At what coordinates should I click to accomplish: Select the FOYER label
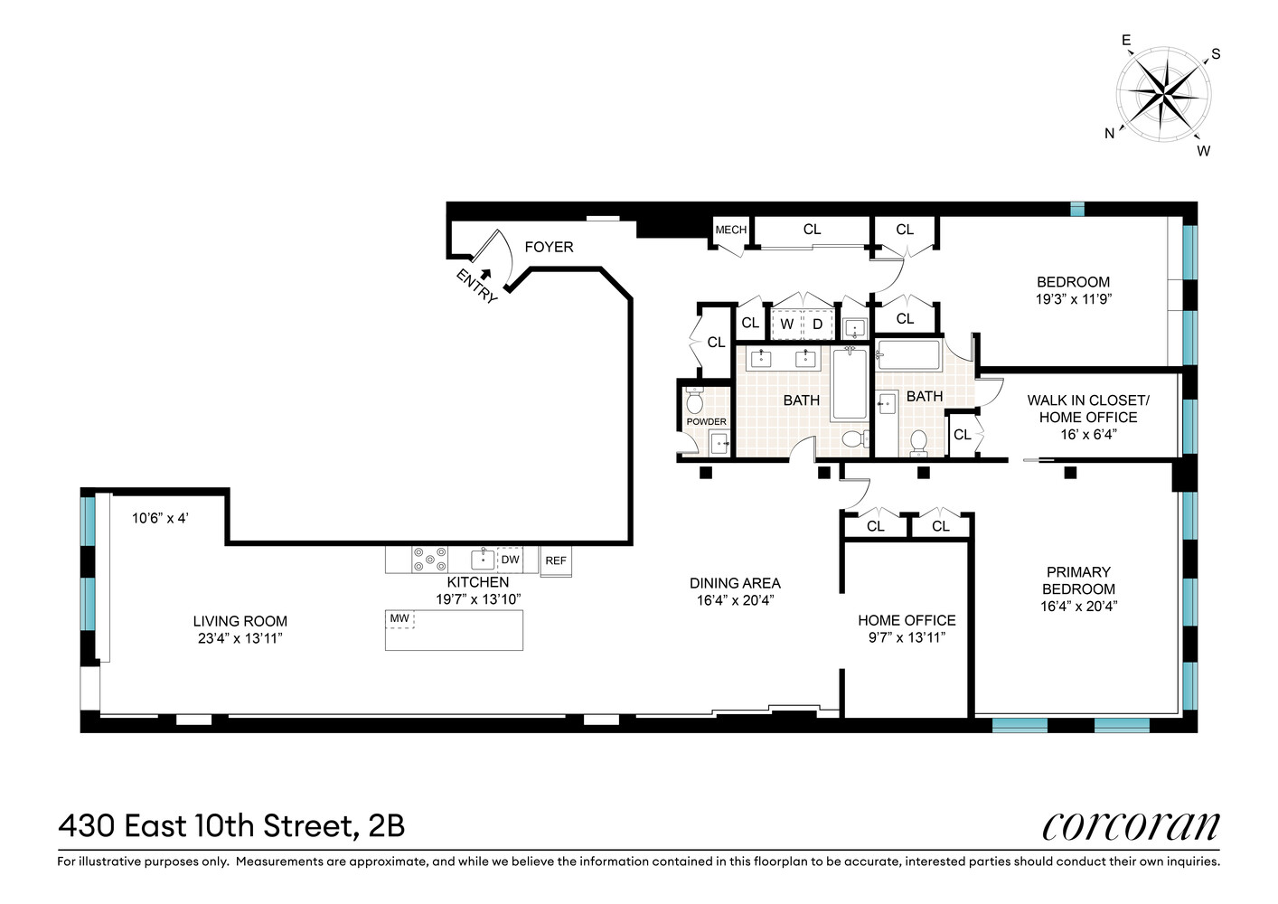(x=549, y=247)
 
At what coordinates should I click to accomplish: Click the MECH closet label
(x=730, y=231)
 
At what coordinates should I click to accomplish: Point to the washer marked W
(x=786, y=324)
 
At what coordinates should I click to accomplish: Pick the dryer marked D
(x=817, y=324)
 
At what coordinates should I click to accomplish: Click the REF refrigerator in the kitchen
(x=556, y=560)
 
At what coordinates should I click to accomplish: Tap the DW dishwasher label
(x=510, y=560)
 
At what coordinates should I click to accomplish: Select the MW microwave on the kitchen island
(x=399, y=619)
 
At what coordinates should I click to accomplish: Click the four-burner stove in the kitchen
(x=429, y=560)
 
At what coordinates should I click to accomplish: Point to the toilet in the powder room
(x=694, y=401)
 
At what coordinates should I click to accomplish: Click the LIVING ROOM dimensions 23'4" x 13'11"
(x=240, y=638)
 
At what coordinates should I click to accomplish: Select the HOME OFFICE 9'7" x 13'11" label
(x=907, y=628)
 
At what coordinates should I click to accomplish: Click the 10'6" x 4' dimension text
(x=160, y=518)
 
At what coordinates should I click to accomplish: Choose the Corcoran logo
(x=1130, y=824)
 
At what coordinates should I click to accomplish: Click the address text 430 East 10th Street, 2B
(x=231, y=825)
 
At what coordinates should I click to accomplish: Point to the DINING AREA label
(x=735, y=583)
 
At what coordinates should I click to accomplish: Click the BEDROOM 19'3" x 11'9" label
(x=1073, y=290)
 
